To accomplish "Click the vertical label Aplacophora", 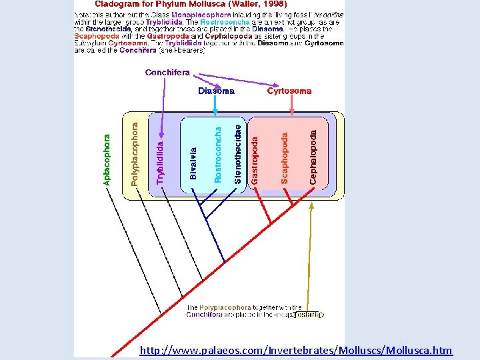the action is point(107,160).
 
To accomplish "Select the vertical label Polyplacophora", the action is point(135,153).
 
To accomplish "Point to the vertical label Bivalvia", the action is point(193,163).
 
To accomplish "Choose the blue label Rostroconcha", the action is point(217,155).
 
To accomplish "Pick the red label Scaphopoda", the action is point(285,158).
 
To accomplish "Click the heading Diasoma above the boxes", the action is point(216,91).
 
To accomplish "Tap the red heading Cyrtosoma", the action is point(289,91).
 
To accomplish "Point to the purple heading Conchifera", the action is point(167,72).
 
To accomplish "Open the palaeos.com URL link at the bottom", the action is point(296,350).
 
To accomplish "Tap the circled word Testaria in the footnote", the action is point(308,314).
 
